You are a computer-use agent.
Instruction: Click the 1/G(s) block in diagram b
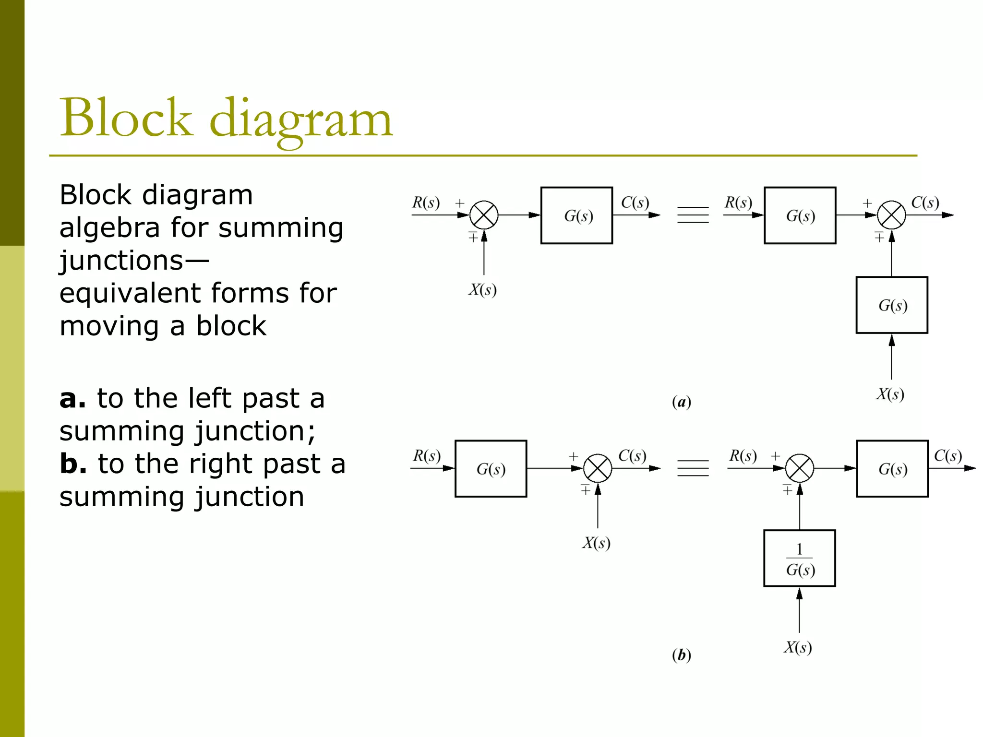pos(799,558)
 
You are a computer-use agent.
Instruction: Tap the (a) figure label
pos(682,402)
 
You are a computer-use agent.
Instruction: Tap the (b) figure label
pos(682,654)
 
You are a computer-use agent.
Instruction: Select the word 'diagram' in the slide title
pos(301,120)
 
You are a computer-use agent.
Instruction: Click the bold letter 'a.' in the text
pos(72,398)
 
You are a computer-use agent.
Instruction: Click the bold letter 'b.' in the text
pos(73,464)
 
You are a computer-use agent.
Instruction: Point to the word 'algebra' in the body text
pos(109,227)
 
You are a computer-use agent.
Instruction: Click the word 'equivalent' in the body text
pos(130,293)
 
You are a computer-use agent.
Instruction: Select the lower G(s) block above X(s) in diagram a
pos(892,305)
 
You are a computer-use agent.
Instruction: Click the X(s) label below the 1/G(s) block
pos(798,647)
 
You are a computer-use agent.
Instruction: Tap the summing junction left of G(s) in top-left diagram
pos(484,215)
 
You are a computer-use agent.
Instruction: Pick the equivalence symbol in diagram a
pos(693,215)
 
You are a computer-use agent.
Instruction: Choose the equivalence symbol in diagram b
pos(693,468)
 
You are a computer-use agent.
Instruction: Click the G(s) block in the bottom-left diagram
pos(491,468)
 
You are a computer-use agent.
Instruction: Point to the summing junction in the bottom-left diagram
pos(598,468)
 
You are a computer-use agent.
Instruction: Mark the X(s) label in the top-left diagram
pos(482,289)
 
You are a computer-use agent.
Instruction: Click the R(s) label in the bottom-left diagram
pos(427,455)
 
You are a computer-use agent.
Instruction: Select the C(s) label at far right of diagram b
pos(947,455)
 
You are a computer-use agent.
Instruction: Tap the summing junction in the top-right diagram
pos(891,215)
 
